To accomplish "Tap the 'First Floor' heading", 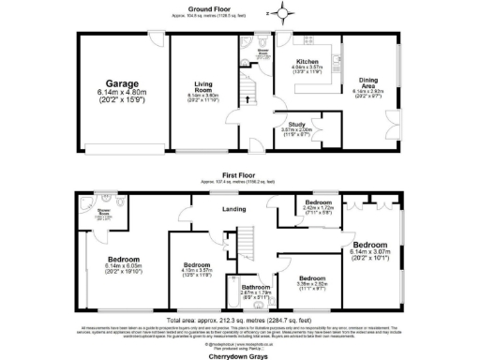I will pyautogui.click(x=238, y=174).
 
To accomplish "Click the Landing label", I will pyautogui.click(x=232, y=211).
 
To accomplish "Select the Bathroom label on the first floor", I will pyautogui.click(x=255, y=286).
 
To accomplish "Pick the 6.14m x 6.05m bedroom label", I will pyautogui.click(x=123, y=259).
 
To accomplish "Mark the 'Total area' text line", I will pyautogui.click(x=236, y=319).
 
